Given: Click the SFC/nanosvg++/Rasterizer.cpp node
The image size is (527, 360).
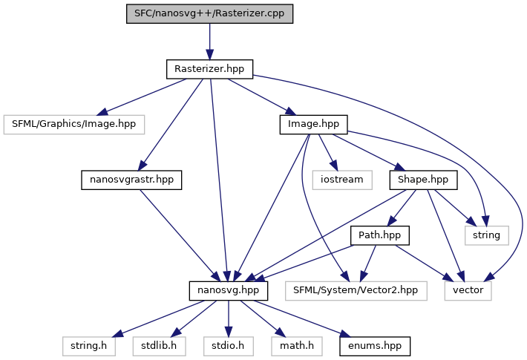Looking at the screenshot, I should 209,13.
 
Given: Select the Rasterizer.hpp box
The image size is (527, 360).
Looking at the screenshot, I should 209,69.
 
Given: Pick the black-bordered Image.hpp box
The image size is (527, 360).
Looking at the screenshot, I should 313,124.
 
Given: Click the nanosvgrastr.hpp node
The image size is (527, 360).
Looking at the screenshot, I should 131,180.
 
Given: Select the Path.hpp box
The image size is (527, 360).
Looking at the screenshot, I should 380,235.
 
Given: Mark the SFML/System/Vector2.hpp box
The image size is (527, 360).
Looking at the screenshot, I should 356,290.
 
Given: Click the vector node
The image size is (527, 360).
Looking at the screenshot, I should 468,290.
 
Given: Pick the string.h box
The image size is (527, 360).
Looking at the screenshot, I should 88,345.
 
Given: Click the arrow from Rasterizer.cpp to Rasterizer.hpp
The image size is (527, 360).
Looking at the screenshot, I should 209,41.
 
